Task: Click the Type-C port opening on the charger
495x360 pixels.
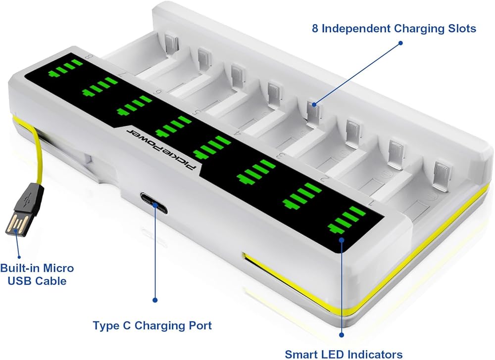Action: pos(154,203)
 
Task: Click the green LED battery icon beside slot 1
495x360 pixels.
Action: pos(346,220)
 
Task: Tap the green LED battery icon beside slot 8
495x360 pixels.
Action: pos(65,68)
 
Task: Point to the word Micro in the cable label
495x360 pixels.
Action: pos(58,268)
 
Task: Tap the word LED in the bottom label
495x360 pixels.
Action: pos(333,354)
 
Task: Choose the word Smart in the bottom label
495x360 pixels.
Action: pos(301,354)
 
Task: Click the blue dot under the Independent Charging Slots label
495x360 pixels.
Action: pos(400,43)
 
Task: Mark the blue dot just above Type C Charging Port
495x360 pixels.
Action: pos(154,300)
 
